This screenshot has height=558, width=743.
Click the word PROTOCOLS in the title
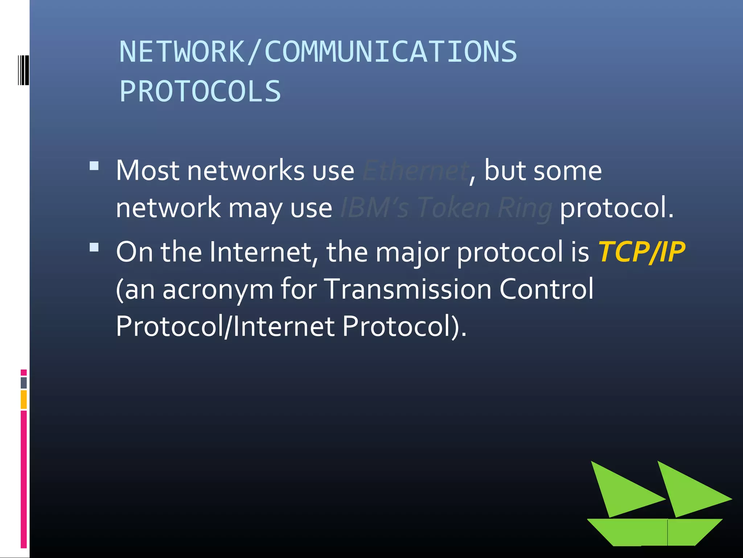point(200,92)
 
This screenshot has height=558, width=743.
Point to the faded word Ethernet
point(416,170)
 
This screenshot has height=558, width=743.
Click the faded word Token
point(453,208)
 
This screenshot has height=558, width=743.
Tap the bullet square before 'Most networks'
point(94,166)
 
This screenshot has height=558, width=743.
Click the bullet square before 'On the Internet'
point(94,247)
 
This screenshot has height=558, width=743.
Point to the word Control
point(546,289)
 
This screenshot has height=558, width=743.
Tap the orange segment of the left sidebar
point(24,399)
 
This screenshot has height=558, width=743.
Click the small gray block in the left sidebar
point(24,383)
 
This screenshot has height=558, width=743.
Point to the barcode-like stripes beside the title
point(24,70)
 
